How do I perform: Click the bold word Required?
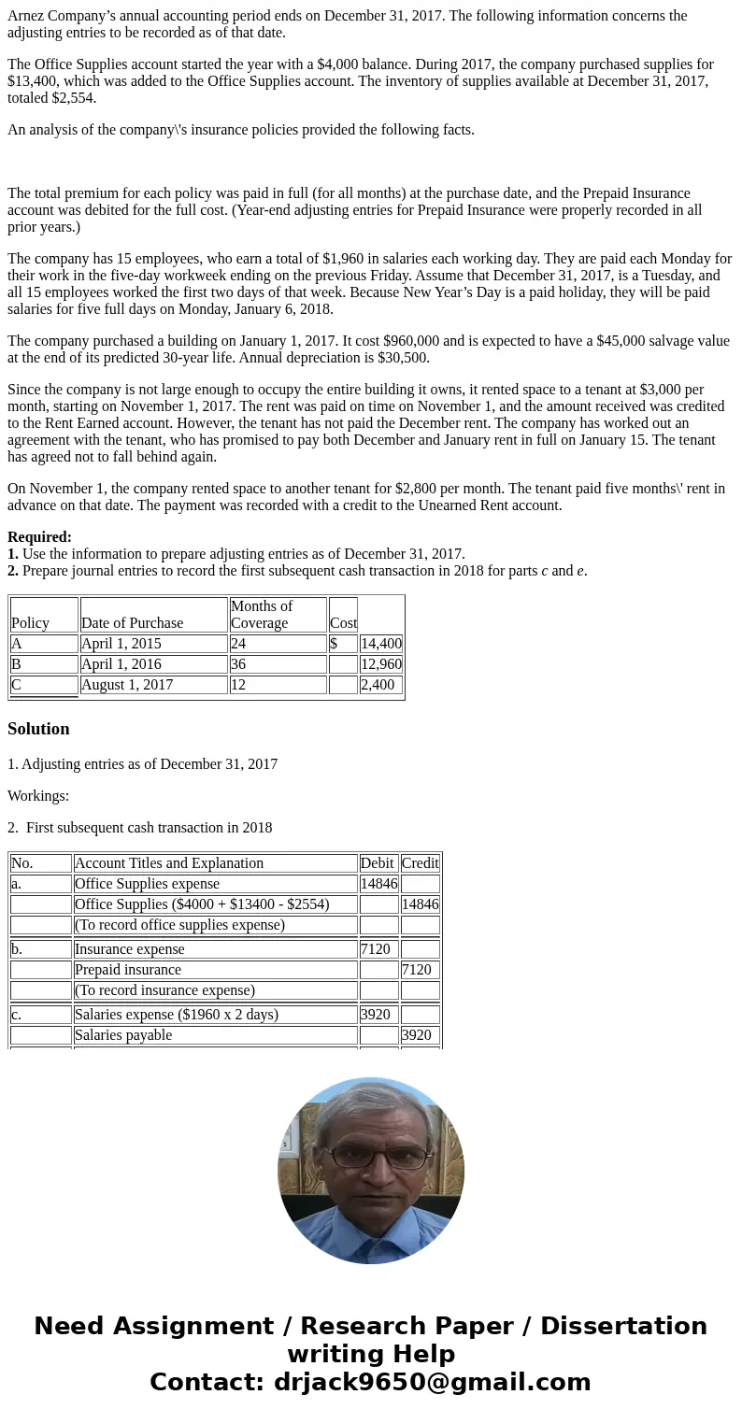39,537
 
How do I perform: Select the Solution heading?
38,729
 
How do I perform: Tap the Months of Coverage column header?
262,614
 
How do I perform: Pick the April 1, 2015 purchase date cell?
121,644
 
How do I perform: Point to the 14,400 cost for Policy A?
381,644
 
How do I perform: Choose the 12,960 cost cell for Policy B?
381,664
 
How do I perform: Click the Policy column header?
30,623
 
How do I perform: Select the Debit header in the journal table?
378,863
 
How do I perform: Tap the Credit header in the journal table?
420,863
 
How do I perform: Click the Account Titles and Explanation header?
169,863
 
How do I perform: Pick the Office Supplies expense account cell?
147,884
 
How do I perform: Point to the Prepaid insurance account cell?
128,970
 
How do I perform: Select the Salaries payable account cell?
123,1035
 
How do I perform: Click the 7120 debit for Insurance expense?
376,949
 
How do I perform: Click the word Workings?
38,796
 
